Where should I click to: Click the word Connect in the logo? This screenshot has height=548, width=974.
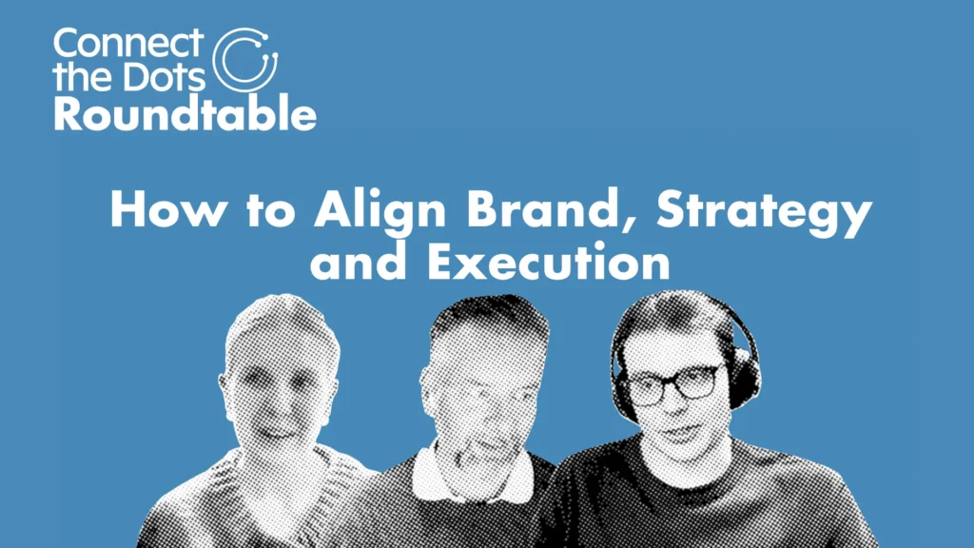[x=128, y=42]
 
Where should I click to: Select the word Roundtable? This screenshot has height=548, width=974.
[x=185, y=113]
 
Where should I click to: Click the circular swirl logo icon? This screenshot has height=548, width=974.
[x=244, y=60]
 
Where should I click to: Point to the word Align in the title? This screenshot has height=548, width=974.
[x=380, y=211]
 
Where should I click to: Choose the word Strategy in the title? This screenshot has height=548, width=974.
[x=764, y=212]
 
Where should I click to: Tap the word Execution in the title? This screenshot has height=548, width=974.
[x=549, y=262]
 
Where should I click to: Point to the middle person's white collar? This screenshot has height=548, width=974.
[x=472, y=474]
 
